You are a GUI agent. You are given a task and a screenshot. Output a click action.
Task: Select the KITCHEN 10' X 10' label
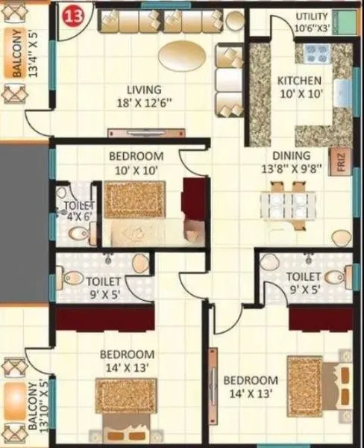[x=299, y=87]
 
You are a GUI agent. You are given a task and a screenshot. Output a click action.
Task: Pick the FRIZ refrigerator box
[x=340, y=164]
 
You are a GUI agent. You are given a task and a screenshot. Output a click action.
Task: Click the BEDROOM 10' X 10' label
[x=136, y=162]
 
